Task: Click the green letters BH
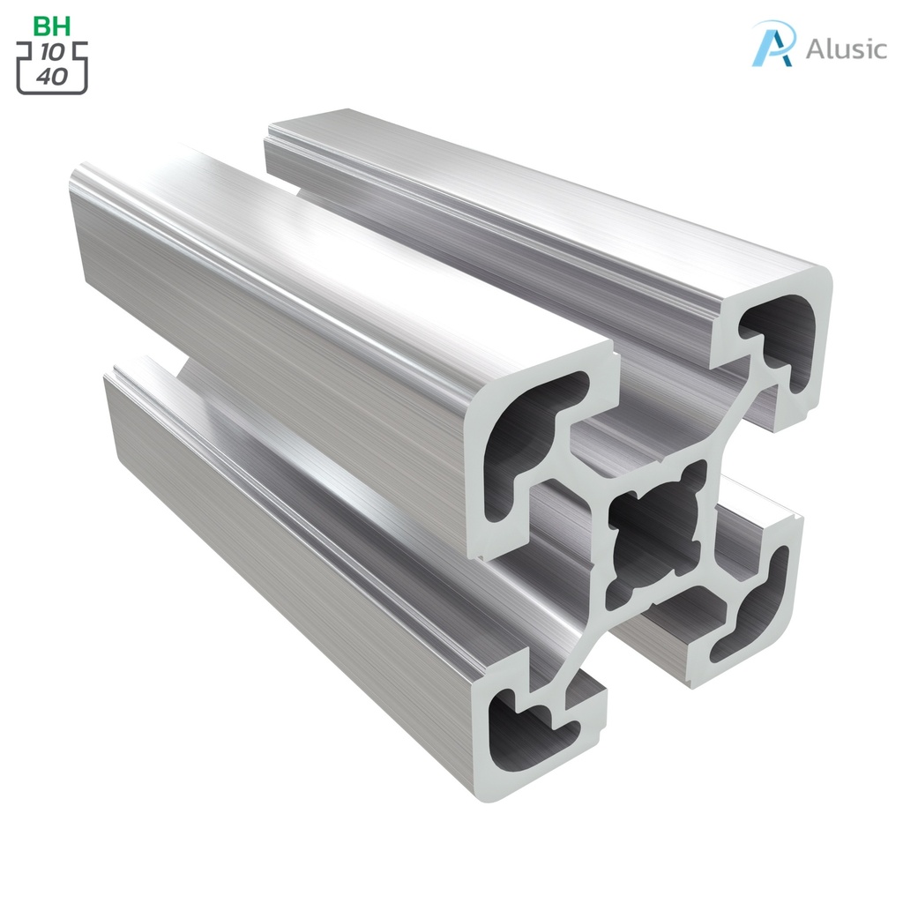coord(51,26)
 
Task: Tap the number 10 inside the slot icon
coord(52,53)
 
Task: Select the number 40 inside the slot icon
coord(52,76)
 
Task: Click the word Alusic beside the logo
coord(846,49)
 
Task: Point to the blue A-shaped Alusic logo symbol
coord(773,43)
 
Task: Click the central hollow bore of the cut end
coord(657,529)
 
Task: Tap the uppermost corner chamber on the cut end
coord(780,340)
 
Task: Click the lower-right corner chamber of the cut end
coord(750,608)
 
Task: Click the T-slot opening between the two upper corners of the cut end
coord(670,388)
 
